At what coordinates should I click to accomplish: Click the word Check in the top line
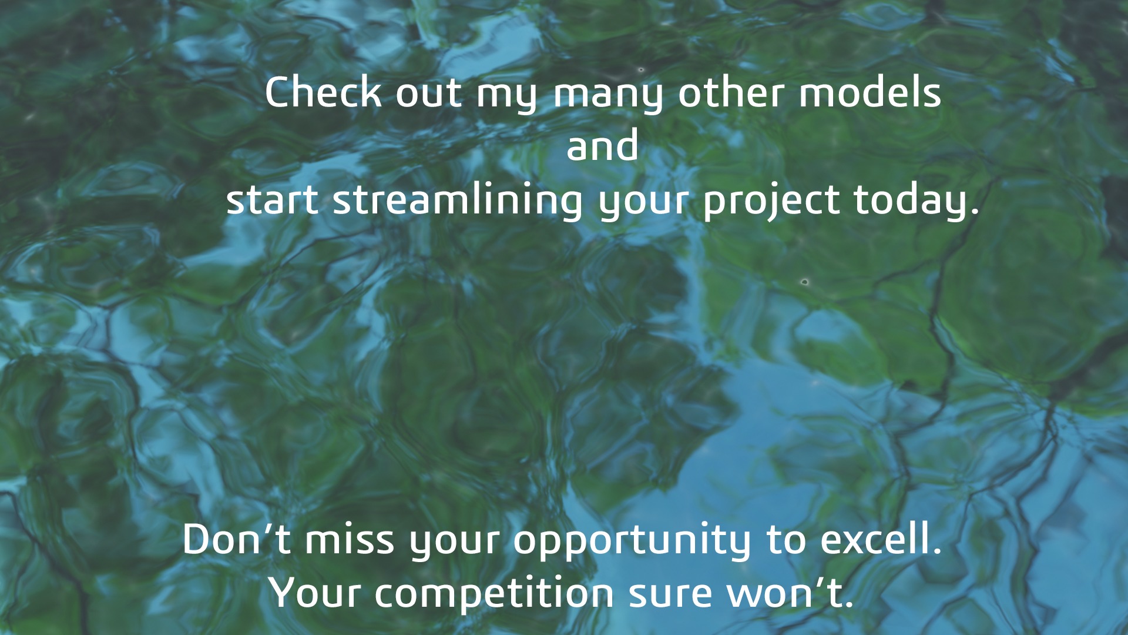[x=323, y=92]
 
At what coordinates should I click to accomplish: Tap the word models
[x=869, y=92]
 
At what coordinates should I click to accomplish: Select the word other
[x=731, y=92]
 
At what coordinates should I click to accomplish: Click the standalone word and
[x=602, y=145]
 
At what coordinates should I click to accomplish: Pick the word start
[x=272, y=200]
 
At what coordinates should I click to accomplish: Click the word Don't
[x=237, y=539]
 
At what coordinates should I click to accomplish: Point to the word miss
[x=349, y=539]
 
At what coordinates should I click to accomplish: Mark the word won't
[x=790, y=593]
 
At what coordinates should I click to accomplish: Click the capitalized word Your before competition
[x=315, y=593]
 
